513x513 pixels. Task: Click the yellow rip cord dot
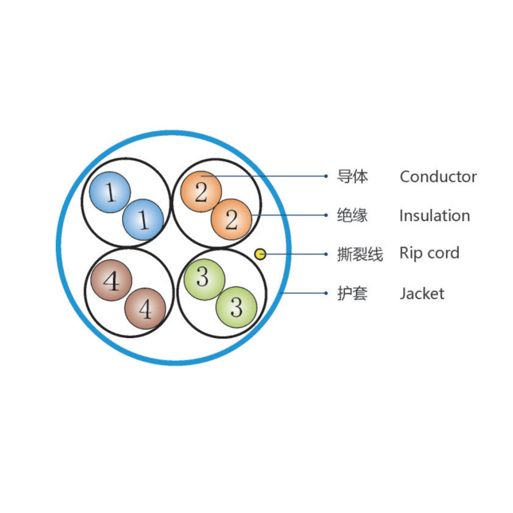[260, 254]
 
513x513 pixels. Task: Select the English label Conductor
[438, 176]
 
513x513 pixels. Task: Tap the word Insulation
[434, 215]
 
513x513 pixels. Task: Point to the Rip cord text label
[429, 253]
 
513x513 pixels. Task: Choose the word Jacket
[422, 293]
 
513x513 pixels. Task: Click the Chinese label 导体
[352, 176]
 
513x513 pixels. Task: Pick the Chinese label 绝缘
[352, 215]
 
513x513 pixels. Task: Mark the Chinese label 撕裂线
[360, 254]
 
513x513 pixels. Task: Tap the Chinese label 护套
[352, 293]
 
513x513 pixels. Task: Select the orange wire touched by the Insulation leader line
[231, 219]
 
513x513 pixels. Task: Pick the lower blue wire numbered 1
[143, 219]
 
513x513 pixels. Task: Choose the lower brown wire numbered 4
[145, 308]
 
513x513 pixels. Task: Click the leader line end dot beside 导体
[327, 176]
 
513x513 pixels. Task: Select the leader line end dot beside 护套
[327, 293]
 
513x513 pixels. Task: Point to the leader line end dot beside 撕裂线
[327, 254]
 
